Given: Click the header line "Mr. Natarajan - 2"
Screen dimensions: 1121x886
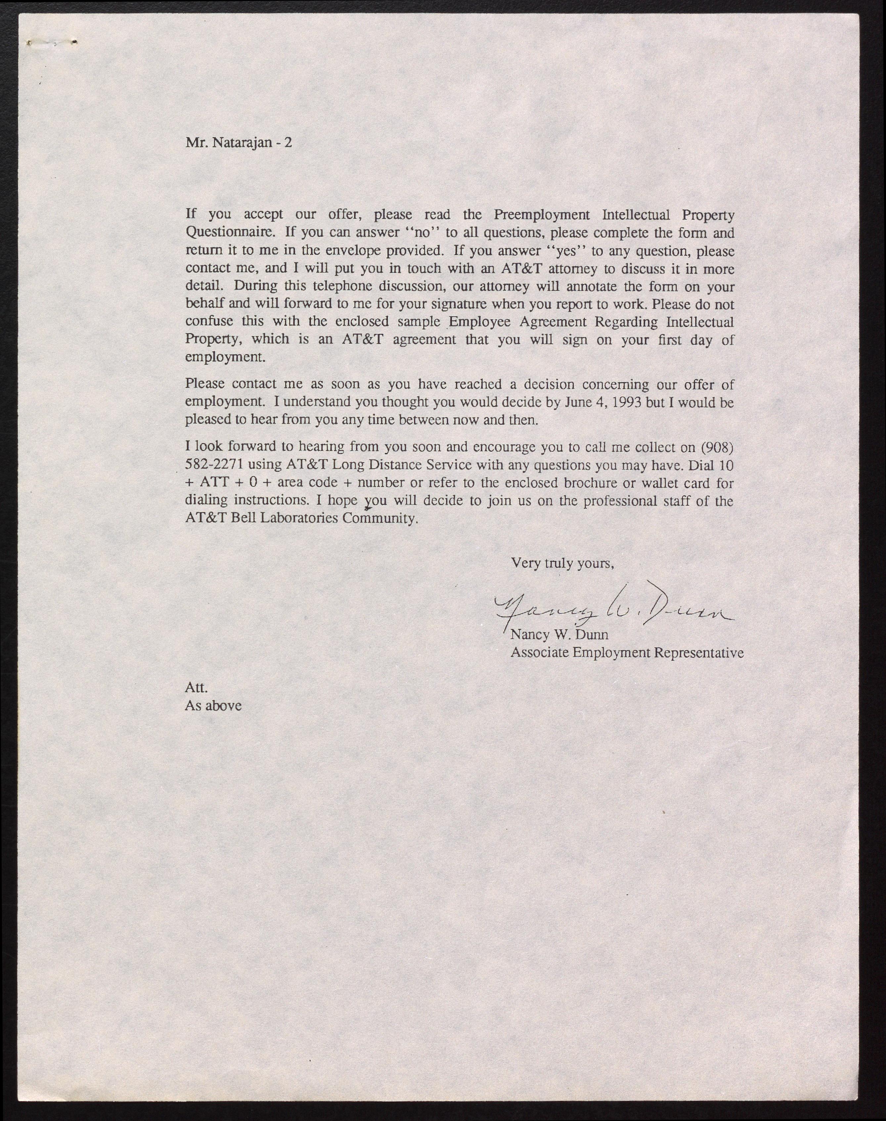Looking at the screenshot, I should click(239, 142).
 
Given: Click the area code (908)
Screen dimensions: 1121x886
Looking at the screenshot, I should click(717, 447).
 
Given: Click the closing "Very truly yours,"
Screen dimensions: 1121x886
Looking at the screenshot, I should click(562, 563).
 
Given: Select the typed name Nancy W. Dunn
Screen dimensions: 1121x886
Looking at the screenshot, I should click(559, 634).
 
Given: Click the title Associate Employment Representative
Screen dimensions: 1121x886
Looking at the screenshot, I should click(627, 652).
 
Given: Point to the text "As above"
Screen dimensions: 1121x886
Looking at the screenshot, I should click(213, 705).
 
